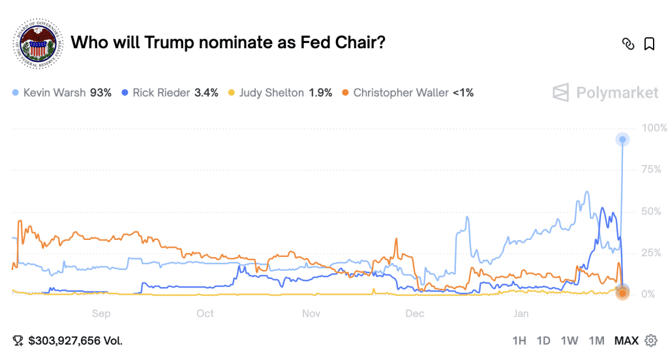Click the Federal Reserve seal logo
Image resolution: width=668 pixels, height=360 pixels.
[37, 43]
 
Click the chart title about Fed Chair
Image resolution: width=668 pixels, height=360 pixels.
[228, 42]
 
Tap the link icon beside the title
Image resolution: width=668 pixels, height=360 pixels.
[628, 44]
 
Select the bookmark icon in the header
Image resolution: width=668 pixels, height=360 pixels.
[649, 44]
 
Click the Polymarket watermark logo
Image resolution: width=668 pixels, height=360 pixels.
[606, 93]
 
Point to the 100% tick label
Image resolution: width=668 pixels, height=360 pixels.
[654, 128]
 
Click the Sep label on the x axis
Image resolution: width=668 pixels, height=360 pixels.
[101, 314]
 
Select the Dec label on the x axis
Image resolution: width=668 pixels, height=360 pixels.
[415, 314]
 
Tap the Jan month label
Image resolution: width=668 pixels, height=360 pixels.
[521, 314]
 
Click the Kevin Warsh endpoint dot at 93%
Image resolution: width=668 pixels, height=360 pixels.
[623, 140]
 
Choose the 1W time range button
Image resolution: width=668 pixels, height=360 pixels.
[569, 340]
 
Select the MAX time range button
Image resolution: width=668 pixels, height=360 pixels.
[626, 340]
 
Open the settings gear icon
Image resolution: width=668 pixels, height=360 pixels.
[650, 340]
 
